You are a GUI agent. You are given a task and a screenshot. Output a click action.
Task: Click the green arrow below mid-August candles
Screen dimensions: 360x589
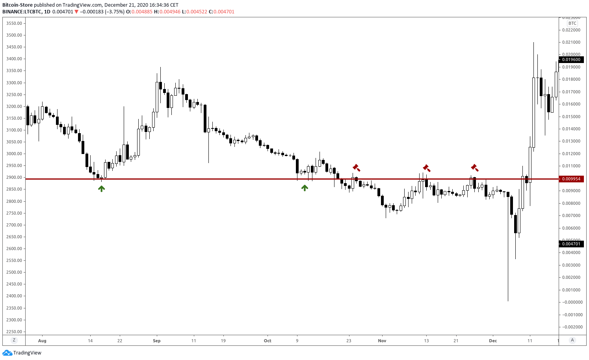(102, 189)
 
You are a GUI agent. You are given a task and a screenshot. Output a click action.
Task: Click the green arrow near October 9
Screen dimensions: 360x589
(305, 188)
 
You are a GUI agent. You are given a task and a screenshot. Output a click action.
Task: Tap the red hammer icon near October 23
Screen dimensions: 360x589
(356, 168)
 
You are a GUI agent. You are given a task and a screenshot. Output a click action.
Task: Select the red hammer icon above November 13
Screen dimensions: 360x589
(426, 168)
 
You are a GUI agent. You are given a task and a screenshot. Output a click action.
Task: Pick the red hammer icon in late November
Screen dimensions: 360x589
(475, 168)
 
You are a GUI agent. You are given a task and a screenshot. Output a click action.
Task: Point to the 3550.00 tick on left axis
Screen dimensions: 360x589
(14, 23)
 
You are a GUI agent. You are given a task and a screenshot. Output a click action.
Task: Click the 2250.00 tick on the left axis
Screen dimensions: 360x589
(14, 332)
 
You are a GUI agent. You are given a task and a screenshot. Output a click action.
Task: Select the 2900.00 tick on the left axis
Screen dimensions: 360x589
(14, 177)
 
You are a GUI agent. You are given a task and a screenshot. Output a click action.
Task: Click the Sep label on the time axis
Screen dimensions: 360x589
(157, 341)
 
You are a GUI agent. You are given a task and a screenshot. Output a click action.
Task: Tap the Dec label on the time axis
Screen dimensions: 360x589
(493, 341)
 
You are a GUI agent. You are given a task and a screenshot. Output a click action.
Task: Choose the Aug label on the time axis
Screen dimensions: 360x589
(42, 341)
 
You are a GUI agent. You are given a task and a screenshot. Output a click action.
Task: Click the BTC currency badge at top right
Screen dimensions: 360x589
(572, 23)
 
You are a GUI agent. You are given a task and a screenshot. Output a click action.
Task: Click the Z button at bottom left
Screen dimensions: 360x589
(14, 340)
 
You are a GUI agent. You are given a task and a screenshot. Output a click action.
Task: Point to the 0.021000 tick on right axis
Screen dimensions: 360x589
(571, 42)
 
